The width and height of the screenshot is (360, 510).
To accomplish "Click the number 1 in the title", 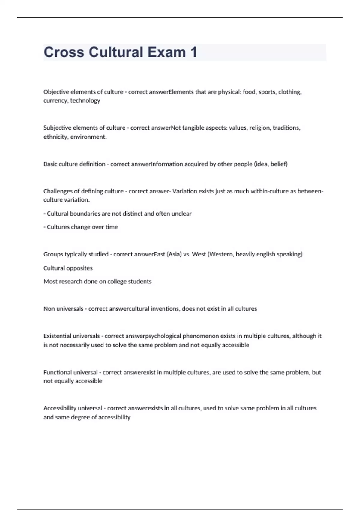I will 193,52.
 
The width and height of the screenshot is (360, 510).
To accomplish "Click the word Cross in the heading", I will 64,52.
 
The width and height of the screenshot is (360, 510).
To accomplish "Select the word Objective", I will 56,92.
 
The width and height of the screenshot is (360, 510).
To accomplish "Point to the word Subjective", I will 57,128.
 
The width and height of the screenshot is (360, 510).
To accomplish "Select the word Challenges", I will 58,191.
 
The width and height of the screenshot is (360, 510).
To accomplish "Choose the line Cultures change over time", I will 81,227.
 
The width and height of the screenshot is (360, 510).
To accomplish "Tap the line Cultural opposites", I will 68,268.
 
